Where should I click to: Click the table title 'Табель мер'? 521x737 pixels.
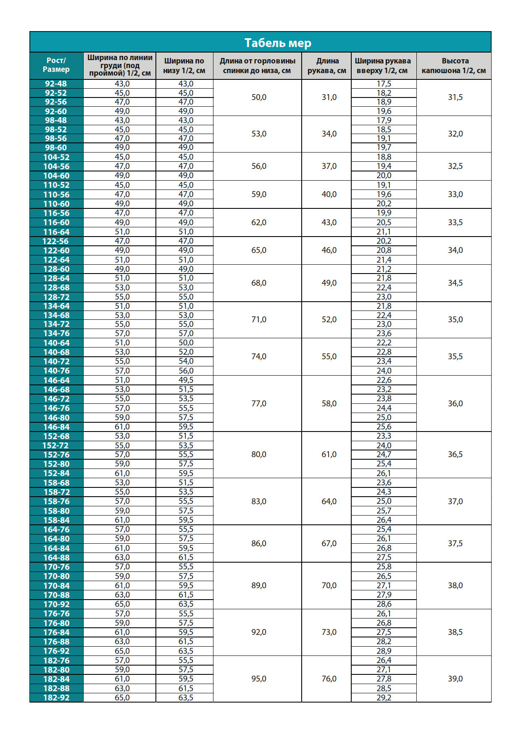[x=278, y=43]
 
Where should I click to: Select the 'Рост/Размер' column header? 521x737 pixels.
[x=56, y=65]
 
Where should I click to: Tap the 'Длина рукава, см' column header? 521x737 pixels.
[x=327, y=66]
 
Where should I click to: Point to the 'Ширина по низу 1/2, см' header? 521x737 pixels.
[x=184, y=66]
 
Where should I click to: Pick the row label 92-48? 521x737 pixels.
[x=56, y=84]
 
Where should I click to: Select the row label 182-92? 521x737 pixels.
[x=56, y=698]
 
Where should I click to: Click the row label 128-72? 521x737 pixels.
[x=56, y=297]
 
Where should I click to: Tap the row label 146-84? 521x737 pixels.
[x=56, y=427]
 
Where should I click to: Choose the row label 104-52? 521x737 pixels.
[x=56, y=157]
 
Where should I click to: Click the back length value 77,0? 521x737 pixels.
[x=259, y=403]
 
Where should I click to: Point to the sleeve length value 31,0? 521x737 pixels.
[x=329, y=97]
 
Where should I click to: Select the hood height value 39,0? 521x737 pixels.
[x=455, y=679]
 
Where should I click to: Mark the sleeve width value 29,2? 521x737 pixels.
[x=384, y=698]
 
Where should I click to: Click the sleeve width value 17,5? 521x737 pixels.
[x=384, y=84]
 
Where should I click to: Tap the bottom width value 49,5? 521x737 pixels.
[x=186, y=380]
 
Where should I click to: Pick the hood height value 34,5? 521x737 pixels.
[x=455, y=283]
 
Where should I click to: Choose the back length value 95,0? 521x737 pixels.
[x=259, y=679]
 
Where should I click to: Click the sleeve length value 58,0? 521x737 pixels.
[x=329, y=403]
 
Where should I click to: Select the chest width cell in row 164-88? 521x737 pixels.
[x=122, y=557]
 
